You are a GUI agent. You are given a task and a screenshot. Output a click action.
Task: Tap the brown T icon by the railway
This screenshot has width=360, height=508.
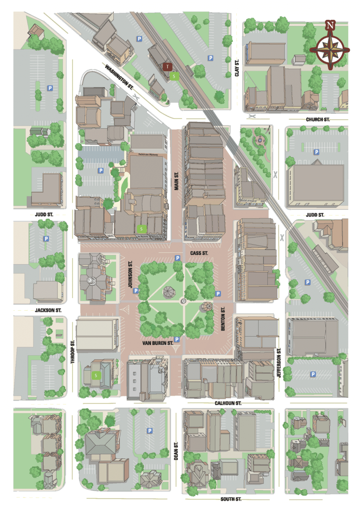tap(168, 66)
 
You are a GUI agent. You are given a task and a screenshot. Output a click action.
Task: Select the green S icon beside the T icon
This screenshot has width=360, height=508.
tap(174, 76)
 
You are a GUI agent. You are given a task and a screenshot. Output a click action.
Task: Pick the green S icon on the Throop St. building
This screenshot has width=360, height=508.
tap(96, 375)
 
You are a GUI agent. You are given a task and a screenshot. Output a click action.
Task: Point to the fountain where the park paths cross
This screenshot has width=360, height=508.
tap(184, 301)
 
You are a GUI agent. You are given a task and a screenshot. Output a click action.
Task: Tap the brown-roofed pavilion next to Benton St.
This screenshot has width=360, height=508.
tap(207, 306)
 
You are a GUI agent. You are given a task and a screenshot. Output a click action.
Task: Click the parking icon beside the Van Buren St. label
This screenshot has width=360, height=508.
tap(177, 340)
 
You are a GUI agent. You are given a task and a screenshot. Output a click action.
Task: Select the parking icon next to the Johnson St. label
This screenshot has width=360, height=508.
tap(136, 291)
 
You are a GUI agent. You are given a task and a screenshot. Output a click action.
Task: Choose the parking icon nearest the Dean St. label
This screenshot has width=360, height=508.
tap(149, 431)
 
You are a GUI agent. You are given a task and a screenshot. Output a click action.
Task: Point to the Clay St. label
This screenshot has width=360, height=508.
tap(237, 68)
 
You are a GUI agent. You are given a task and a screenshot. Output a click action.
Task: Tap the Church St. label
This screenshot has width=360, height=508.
tap(318, 119)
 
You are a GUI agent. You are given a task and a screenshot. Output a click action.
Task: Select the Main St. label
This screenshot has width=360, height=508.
tap(177, 180)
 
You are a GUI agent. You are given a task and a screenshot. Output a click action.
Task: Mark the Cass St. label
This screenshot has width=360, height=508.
tap(199, 253)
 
